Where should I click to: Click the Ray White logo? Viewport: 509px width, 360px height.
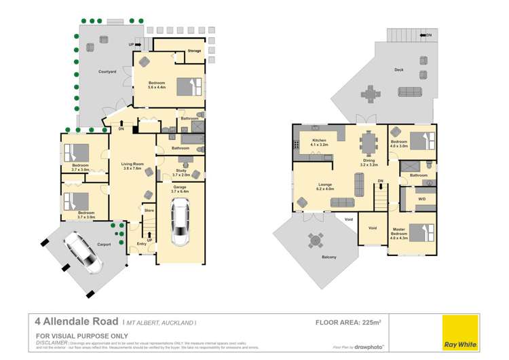coord(459,333)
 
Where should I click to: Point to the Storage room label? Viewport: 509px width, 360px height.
coord(195,51)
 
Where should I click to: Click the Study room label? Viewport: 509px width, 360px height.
coord(180,171)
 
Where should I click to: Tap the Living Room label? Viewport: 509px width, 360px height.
coord(132,164)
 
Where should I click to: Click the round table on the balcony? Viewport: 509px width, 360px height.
coord(314,240)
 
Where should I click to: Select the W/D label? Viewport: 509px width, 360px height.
coord(421,199)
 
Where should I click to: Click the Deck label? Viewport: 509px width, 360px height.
coord(400,69)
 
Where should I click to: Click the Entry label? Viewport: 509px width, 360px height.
coord(141,244)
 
